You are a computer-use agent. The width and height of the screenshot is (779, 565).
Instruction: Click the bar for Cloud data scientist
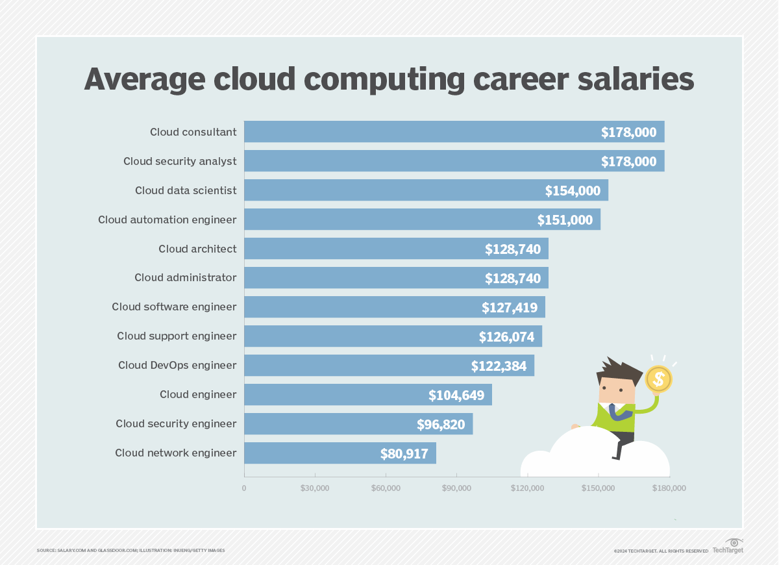[389, 190]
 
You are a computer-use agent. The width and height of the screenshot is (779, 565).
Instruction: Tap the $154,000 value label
[573, 191]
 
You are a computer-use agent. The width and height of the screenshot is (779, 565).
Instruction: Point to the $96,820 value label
[441, 424]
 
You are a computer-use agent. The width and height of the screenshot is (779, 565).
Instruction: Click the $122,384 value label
[499, 366]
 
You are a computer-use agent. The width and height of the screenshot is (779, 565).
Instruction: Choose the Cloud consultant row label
[193, 132]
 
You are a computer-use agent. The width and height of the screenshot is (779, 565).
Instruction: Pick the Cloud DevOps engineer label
[177, 365]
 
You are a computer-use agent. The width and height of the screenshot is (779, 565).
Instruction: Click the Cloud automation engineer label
[167, 220]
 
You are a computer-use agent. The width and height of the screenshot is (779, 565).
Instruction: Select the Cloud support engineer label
[177, 336]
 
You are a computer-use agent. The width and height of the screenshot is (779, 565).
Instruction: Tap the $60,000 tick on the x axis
[386, 488]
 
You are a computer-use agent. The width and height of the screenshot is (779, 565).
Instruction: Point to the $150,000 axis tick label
[599, 488]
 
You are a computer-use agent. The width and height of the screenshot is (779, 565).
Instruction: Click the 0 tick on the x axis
[244, 488]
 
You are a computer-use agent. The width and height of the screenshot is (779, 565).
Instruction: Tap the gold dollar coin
[658, 378]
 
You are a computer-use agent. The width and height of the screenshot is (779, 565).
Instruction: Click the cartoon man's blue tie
[613, 413]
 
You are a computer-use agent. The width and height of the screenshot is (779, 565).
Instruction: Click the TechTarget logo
[728, 546]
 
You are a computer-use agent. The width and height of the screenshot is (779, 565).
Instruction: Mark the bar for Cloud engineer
[367, 395]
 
